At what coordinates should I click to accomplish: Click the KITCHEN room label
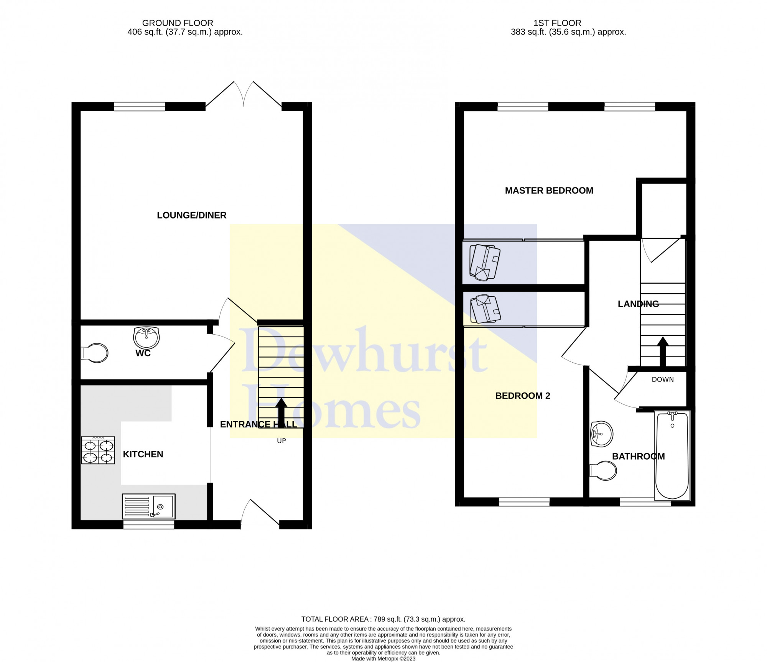coord(143,454)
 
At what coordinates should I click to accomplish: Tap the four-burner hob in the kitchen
coord(98,450)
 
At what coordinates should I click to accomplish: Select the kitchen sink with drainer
coord(149,506)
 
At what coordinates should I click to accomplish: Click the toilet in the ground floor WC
coord(94,353)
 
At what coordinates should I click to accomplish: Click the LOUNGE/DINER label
coord(192,215)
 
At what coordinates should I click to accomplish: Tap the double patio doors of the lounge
coord(244,94)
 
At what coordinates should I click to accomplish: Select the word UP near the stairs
coord(281,441)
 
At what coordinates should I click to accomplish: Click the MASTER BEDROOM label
coord(549,191)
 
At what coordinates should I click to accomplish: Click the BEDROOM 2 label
coord(523,396)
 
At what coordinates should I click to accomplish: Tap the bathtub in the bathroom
coord(673,456)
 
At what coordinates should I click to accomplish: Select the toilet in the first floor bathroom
coord(603,470)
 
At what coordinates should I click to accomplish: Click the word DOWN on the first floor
coord(663,379)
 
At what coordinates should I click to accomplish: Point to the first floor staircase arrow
coord(663,352)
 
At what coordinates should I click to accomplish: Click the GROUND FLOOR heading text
coord(178,23)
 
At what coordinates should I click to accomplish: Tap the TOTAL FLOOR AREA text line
coord(383,608)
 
